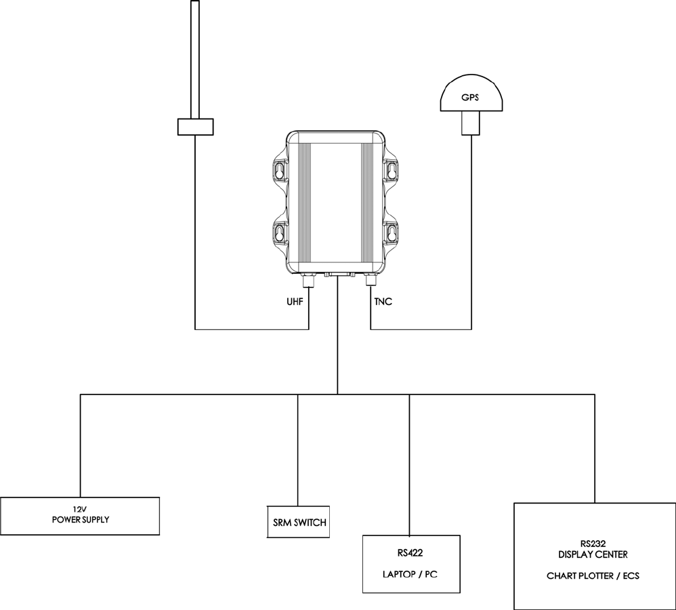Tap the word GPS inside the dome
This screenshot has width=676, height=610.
tap(470, 98)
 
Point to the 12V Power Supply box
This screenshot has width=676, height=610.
tap(80, 516)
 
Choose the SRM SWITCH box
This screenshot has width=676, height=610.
tap(298, 523)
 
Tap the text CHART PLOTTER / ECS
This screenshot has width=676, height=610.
tap(593, 577)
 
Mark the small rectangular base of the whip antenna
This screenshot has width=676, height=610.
tap(195, 126)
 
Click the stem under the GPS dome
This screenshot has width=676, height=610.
tap(470, 123)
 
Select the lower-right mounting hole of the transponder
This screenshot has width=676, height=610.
tap(391, 234)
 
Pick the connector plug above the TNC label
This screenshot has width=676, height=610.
tap(371, 280)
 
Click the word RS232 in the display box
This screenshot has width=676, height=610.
tap(593, 543)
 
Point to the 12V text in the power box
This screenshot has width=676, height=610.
tap(80, 509)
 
